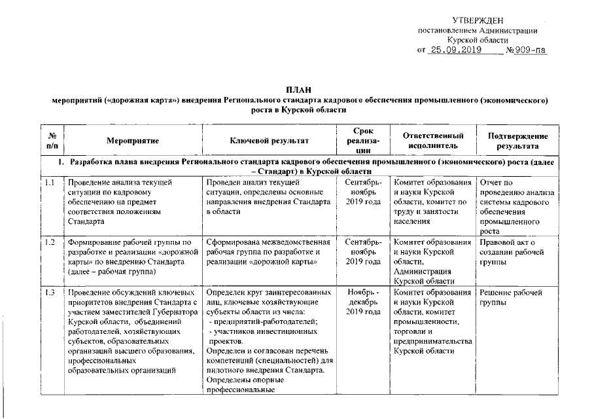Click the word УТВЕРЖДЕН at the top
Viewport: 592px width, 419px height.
tap(478, 22)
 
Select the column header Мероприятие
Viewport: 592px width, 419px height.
tap(133, 140)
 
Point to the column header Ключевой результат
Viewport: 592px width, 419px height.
tap(269, 140)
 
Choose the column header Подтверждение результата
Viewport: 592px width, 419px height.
tap(518, 140)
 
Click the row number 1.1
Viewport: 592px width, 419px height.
tap(50, 181)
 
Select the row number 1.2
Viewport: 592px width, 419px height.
tap(50, 242)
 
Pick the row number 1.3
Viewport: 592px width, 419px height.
tap(50, 292)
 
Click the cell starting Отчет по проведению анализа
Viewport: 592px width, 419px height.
tap(517, 206)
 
